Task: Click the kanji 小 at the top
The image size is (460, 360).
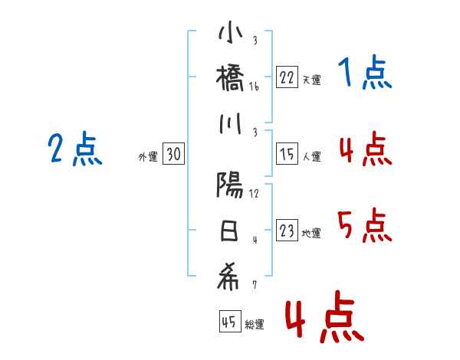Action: click(x=230, y=34)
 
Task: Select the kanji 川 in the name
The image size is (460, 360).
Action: click(x=230, y=123)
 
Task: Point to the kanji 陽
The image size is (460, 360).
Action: click(x=230, y=185)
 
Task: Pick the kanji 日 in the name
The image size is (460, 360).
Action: click(x=230, y=231)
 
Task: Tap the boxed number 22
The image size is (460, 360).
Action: click(x=286, y=77)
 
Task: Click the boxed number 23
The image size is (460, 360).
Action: click(x=286, y=231)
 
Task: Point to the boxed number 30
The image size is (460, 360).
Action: click(x=173, y=155)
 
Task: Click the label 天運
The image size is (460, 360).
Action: click(x=311, y=79)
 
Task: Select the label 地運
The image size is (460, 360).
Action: click(x=311, y=233)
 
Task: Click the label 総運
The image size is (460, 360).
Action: click(x=255, y=325)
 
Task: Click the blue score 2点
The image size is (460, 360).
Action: click(x=74, y=149)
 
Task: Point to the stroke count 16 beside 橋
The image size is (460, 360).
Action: click(x=254, y=87)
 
